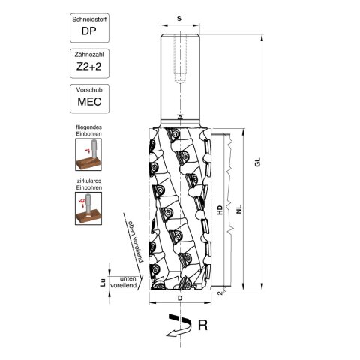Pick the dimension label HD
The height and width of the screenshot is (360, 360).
[219, 211]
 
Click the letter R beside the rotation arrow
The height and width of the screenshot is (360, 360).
[202, 325]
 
